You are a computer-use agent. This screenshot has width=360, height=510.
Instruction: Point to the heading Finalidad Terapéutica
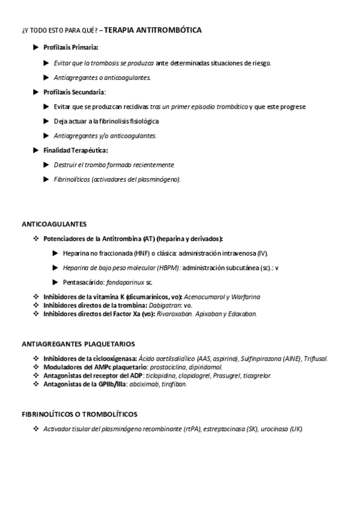click(x=76, y=150)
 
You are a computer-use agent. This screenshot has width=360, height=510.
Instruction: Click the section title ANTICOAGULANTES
click(x=54, y=224)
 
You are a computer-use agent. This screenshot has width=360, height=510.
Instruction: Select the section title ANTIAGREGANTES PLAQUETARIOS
click(x=78, y=344)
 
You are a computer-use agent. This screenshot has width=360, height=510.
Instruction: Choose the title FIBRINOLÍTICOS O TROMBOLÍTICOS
click(x=79, y=414)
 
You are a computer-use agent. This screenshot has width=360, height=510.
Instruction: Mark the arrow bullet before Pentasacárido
click(x=55, y=282)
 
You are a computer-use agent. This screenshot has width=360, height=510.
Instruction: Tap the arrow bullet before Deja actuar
click(x=47, y=121)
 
